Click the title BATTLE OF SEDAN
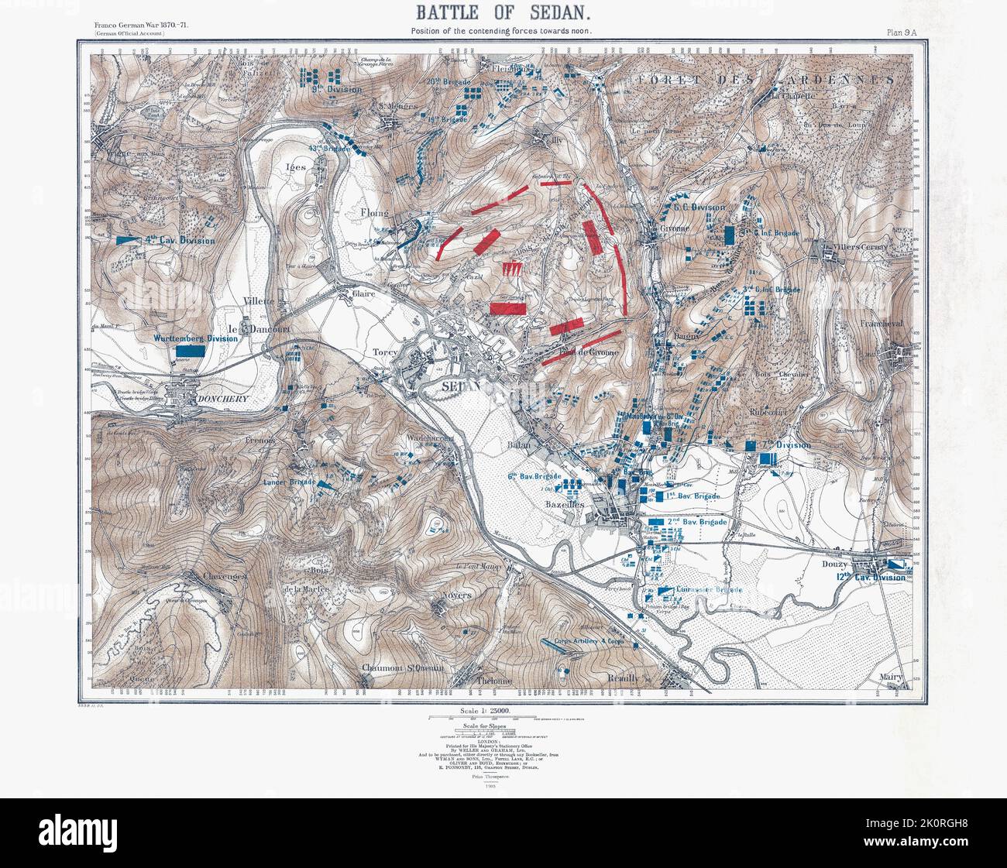503,12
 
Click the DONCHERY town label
200,399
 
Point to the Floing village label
375,211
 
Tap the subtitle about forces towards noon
503,31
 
